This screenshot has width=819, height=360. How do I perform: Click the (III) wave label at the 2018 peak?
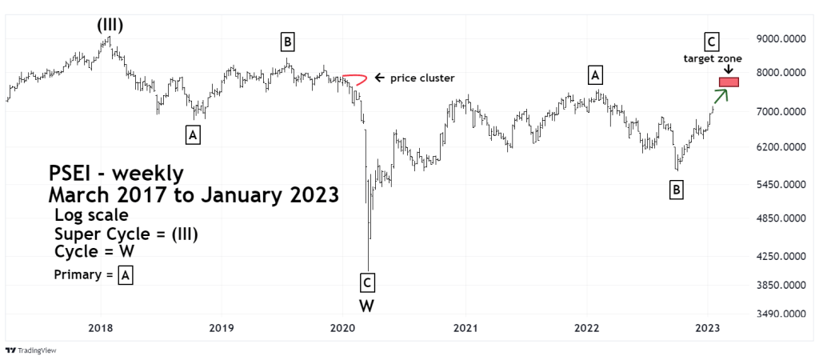(x=110, y=24)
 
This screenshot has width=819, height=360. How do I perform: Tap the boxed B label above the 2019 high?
(x=287, y=42)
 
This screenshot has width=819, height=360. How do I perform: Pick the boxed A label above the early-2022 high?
(x=594, y=75)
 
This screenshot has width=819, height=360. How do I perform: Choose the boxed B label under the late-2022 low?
(x=676, y=190)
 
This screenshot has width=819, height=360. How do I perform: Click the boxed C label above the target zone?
(x=711, y=41)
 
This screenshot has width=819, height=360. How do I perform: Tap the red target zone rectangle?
(x=729, y=82)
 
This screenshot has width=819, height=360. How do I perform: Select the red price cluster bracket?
(x=356, y=79)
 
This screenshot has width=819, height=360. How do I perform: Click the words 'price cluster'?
(x=422, y=78)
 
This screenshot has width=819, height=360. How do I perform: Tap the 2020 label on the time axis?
(x=343, y=328)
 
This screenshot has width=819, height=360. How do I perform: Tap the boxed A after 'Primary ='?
(x=126, y=276)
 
